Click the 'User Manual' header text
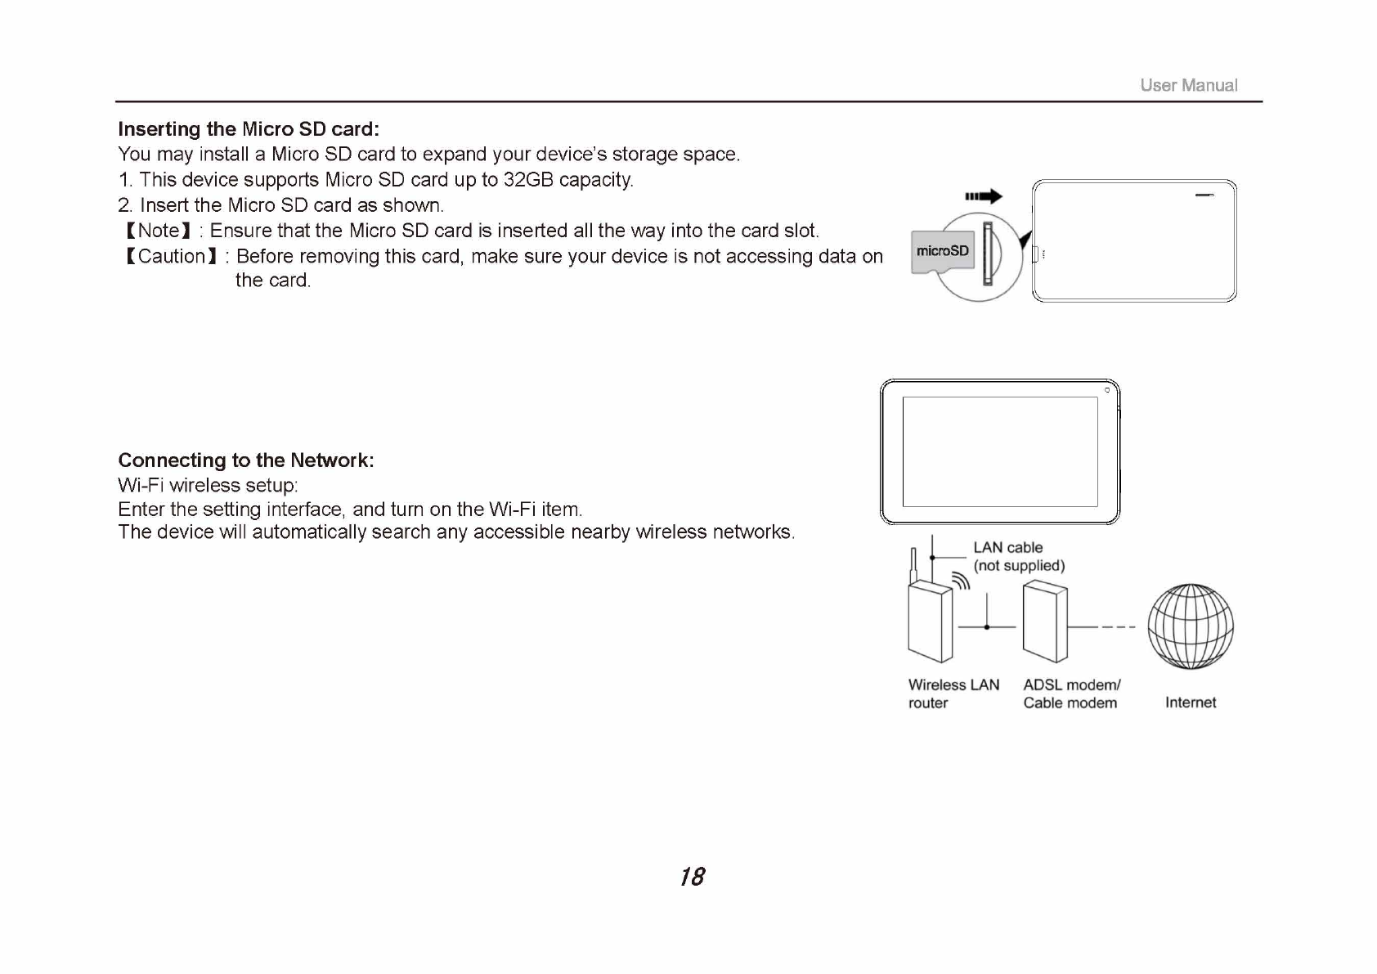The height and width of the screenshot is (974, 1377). coord(1188,85)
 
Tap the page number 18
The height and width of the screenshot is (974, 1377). coord(692,877)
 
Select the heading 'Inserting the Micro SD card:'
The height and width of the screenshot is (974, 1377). coord(249,129)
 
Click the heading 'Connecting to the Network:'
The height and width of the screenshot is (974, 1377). coord(246,460)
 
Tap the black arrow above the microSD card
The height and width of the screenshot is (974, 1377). coord(984,196)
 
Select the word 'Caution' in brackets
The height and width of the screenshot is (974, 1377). coord(172,257)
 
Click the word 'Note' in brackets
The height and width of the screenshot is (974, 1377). coord(159,231)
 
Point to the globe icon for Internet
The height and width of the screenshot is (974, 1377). coord(1190,626)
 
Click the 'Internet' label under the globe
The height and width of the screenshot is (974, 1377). coord(1190,702)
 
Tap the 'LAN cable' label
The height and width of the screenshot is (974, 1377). coord(1007,548)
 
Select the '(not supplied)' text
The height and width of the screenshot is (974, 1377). coord(1019,566)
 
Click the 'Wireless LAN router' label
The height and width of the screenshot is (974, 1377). coord(953,693)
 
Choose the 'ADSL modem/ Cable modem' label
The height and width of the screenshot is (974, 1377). coord(1071,693)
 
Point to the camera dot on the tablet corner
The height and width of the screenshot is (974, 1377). coord(1107,390)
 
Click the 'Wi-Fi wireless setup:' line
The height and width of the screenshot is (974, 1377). coord(208,486)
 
